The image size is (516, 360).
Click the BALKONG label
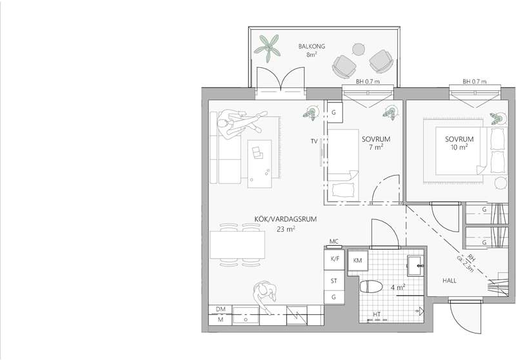pos(312,46)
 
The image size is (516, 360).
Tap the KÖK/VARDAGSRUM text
pos(285,219)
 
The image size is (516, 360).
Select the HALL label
pos(449,281)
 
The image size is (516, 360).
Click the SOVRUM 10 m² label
pos(459,143)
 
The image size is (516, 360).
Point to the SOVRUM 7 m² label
pos(376,143)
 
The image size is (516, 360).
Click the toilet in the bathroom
pos(372,287)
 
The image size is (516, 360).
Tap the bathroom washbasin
pos(415,265)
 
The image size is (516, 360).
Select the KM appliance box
pos(358,261)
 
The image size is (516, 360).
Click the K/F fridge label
pos(334,259)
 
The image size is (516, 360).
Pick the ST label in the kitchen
pos(333,281)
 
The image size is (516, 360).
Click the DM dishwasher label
pos(221,309)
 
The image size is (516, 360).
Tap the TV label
pos(314,141)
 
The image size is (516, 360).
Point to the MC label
pos(333,241)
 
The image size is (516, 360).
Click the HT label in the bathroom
pos(377,315)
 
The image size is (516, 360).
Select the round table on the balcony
pos(359,50)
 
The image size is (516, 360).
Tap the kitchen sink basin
pos(246,315)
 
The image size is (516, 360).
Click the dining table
pos(237,245)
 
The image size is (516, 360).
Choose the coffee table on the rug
pos(260,164)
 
